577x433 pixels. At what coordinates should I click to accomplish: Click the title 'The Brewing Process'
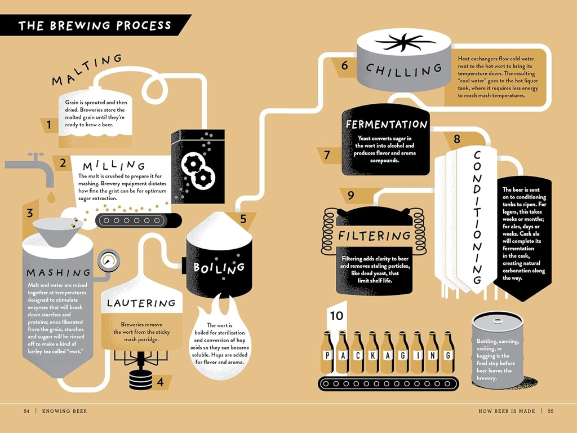point(95,25)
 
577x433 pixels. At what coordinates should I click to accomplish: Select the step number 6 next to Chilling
point(344,65)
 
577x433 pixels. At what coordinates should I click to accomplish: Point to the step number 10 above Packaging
point(336,316)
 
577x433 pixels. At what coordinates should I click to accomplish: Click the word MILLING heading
point(114,166)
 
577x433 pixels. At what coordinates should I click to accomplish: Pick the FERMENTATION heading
point(386,124)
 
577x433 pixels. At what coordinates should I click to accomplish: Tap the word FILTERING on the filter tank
point(374,235)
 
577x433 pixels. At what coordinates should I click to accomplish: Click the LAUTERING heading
point(141,303)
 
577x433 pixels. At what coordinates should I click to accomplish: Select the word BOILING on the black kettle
point(219,267)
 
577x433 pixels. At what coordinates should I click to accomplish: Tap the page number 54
point(26,411)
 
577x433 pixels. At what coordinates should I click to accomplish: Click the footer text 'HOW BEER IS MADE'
point(507,411)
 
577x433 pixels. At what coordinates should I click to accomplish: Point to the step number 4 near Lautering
point(161,382)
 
